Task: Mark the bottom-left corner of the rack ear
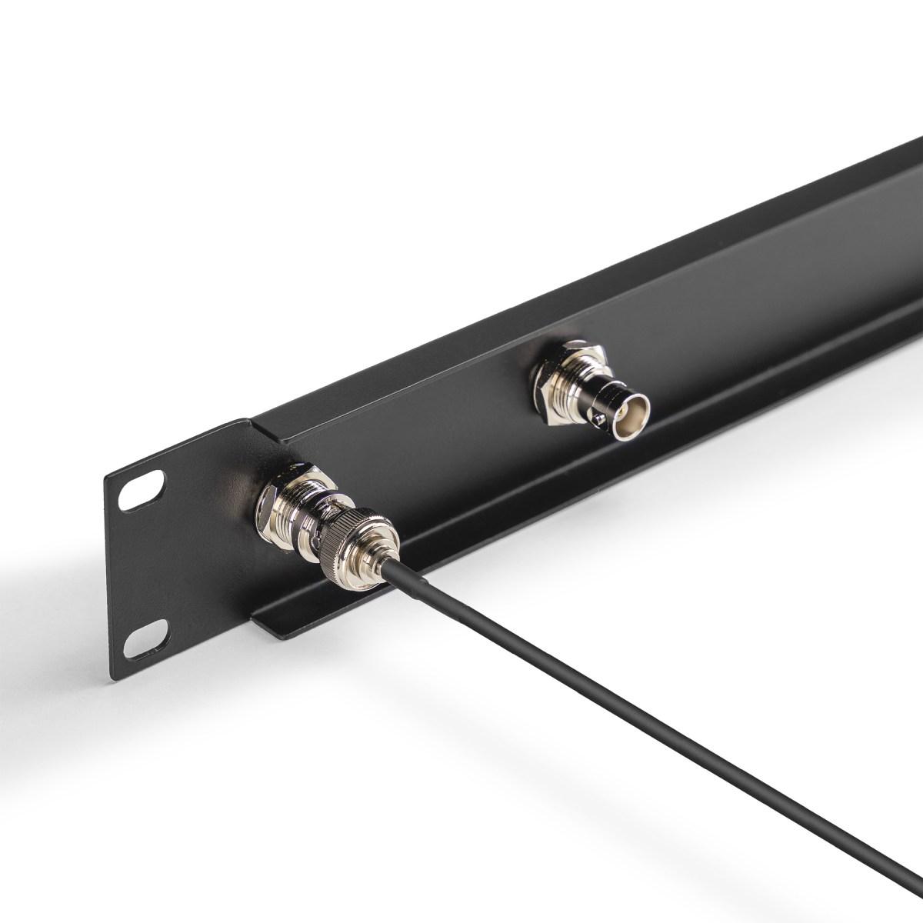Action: point(115,678)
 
